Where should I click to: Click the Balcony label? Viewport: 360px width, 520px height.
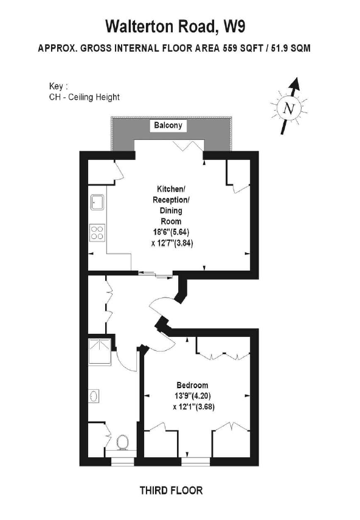168,125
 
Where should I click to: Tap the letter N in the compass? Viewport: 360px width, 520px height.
289,108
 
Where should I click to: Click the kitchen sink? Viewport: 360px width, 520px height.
97,203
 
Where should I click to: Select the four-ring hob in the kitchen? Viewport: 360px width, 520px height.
97,232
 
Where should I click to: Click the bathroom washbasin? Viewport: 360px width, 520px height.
94,396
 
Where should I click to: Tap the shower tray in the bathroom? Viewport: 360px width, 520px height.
100,352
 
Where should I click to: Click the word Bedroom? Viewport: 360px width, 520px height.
192,385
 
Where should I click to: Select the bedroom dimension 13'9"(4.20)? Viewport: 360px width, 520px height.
193,396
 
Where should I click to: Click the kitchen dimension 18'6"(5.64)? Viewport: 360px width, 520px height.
171,232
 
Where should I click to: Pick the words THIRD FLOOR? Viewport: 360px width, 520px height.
171,490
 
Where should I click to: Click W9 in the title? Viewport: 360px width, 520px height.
234,27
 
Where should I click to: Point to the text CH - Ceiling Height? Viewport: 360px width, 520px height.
84,97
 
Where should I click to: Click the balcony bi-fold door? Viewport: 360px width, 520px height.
189,145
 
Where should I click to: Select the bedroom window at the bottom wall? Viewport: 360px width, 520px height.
196,462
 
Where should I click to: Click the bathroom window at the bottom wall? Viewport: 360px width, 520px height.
122,462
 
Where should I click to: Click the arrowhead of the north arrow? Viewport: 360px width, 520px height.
296,83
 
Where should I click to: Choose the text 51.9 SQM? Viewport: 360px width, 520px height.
291,49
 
